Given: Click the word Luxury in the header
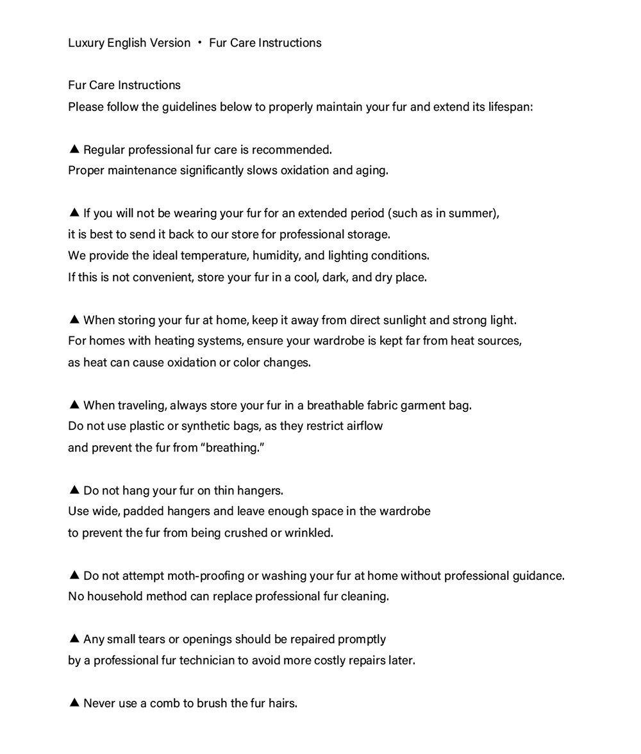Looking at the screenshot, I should pyautogui.click(x=85, y=43).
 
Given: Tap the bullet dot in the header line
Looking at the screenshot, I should pyautogui.click(x=200, y=43).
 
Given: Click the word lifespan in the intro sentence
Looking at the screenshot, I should pyautogui.click(x=510, y=106).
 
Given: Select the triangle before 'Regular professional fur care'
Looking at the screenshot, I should pyautogui.click(x=74, y=149).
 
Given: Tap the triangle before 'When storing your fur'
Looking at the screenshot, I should pyautogui.click(x=74, y=319).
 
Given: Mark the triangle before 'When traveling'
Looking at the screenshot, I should pyautogui.click(x=74, y=404).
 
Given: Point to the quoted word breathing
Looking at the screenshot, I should pyautogui.click(x=233, y=448).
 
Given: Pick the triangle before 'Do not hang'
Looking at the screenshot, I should pyautogui.click(x=74, y=490).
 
